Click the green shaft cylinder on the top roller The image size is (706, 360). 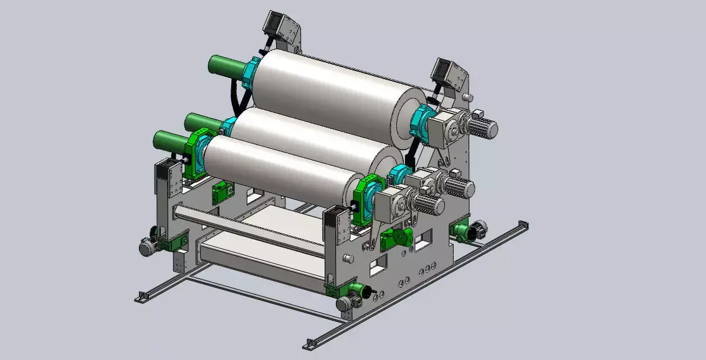click(226, 65)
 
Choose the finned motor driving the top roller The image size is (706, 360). click(482, 128)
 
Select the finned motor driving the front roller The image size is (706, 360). click(428, 205)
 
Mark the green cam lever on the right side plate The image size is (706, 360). click(396, 238)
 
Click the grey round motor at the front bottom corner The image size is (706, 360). click(344, 304)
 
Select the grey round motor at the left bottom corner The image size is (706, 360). click(147, 247)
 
